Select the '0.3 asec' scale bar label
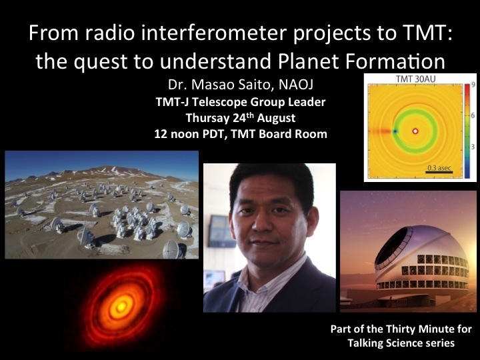(439, 167)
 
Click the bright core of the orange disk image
(121, 307)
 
